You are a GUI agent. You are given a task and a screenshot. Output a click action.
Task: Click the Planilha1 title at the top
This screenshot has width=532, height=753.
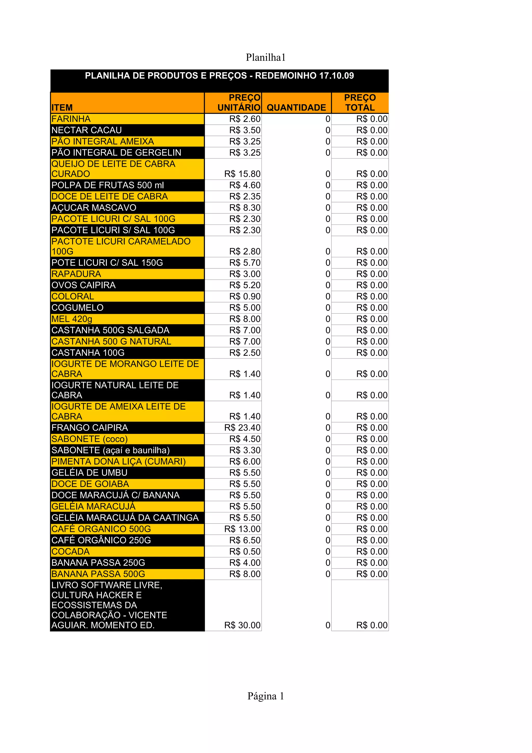(x=265, y=57)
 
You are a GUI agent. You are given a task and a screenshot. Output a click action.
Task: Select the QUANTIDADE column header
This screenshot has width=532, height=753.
(x=296, y=108)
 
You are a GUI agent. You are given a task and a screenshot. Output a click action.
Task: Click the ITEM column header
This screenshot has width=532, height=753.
(x=62, y=108)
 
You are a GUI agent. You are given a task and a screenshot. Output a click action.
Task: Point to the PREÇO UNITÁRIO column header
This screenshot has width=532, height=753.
(x=239, y=103)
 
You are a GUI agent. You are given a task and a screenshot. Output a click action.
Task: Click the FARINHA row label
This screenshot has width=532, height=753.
(x=71, y=119)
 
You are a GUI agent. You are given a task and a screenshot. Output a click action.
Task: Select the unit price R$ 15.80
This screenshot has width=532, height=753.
(x=242, y=174)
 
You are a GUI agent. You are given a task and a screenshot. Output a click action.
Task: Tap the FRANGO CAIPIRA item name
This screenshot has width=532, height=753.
(x=90, y=428)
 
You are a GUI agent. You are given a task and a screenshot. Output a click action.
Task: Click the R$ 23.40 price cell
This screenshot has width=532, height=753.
(x=242, y=428)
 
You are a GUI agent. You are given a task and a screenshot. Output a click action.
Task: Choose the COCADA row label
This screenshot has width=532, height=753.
(x=70, y=552)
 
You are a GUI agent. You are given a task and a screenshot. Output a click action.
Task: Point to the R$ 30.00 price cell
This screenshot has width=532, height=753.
(x=242, y=625)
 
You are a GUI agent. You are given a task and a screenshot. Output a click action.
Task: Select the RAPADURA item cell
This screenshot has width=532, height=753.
(x=76, y=274)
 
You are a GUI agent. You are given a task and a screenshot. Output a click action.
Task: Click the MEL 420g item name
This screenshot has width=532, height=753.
(x=72, y=319)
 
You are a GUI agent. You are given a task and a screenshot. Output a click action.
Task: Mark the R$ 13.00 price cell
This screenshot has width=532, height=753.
(x=242, y=529)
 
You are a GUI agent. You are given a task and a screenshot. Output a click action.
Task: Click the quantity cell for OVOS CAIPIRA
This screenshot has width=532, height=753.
(x=328, y=285)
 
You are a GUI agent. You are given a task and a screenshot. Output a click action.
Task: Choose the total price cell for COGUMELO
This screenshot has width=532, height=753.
(x=372, y=308)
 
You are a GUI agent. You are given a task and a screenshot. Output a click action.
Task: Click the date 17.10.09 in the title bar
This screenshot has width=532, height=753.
(x=336, y=76)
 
